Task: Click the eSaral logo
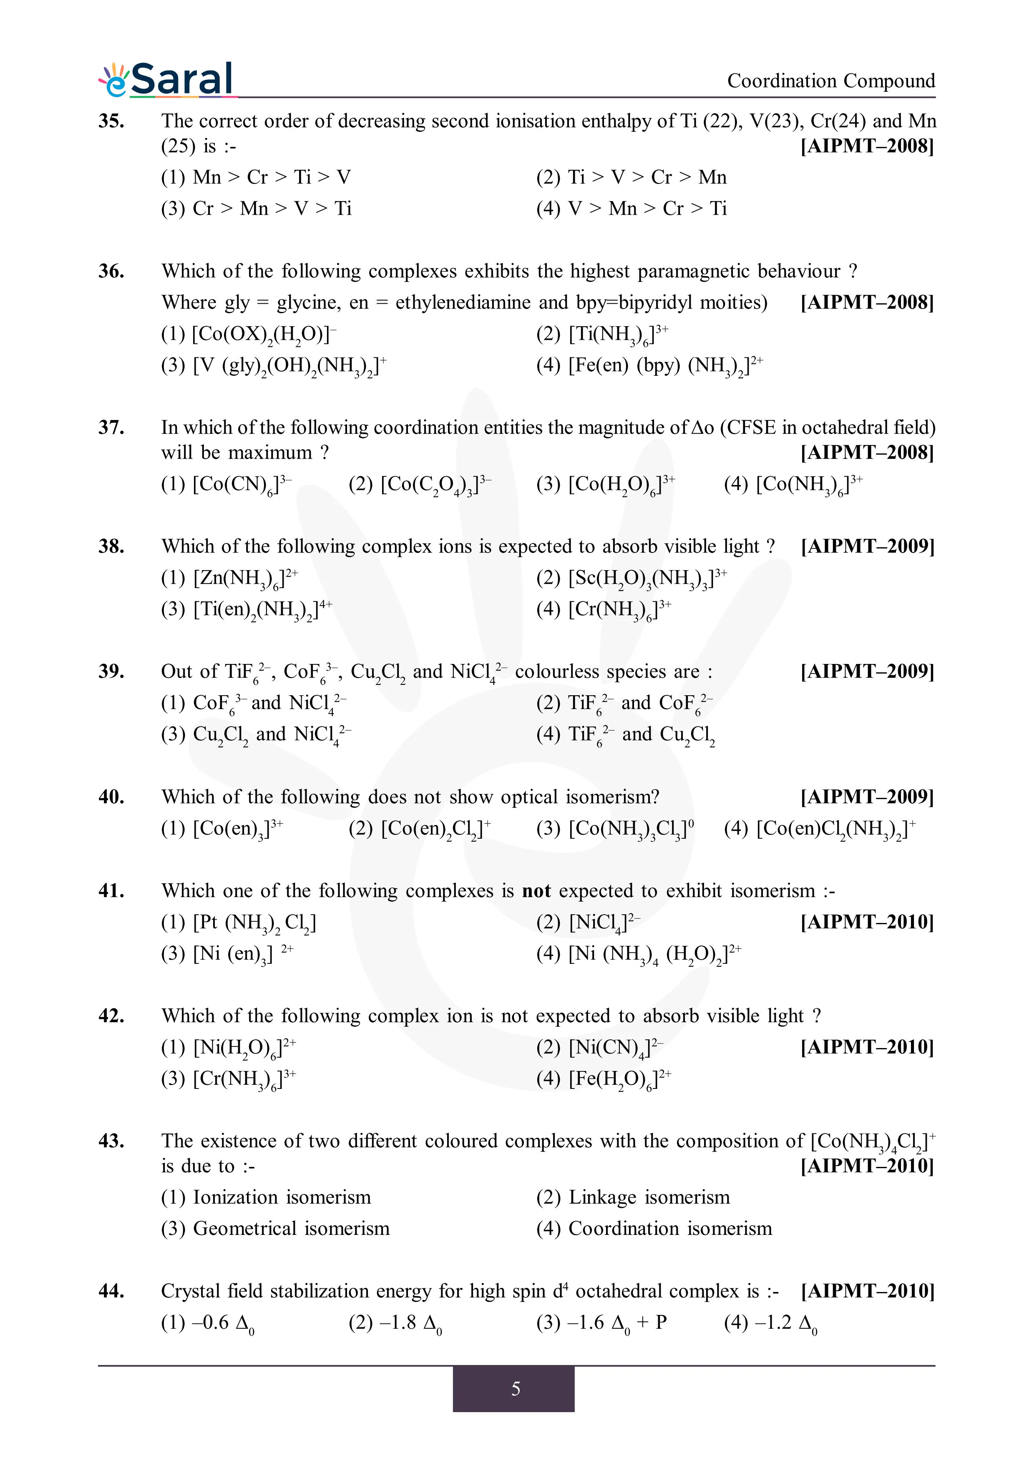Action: (167, 80)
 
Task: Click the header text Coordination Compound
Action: (831, 81)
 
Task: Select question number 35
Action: (111, 121)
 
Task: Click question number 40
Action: (111, 797)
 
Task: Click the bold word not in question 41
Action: (536, 891)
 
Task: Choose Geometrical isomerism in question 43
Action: (275, 1229)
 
